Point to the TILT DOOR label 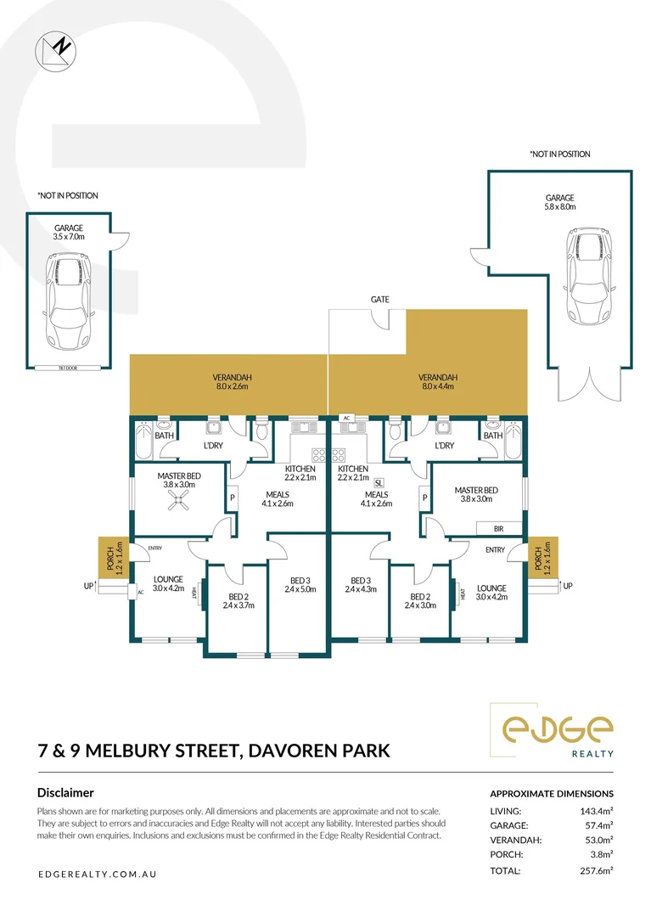coord(68,368)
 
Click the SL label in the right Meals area coord(379,482)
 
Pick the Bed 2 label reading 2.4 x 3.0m coord(419,600)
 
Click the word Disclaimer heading coord(65,792)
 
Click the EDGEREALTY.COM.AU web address coord(98,874)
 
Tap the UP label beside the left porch coord(87,586)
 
